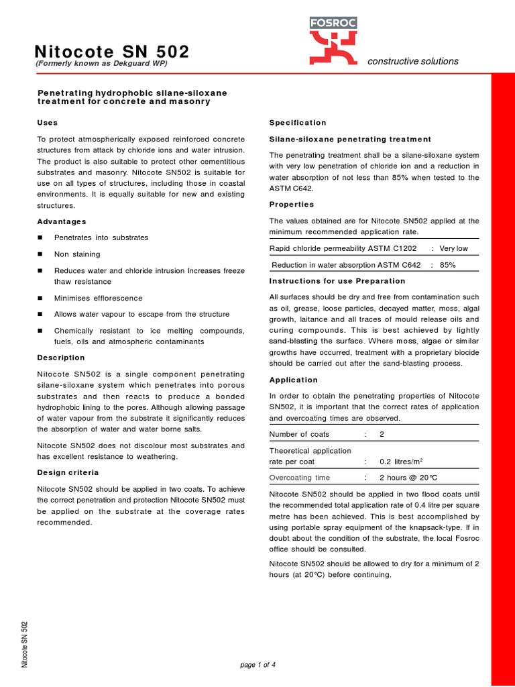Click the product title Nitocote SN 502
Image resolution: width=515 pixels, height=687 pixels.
[111, 52]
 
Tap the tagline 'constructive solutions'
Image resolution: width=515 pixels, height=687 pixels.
[413, 61]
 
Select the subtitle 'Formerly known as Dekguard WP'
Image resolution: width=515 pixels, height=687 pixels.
[101, 64]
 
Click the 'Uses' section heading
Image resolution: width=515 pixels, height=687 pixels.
[47, 123]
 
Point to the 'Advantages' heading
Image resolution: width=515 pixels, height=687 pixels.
[61, 221]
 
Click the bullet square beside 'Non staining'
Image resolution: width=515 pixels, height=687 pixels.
[40, 254]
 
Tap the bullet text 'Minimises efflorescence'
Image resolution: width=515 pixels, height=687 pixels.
[98, 298]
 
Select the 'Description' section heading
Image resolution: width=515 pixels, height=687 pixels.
[61, 358]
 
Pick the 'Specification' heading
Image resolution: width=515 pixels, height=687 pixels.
[298, 123]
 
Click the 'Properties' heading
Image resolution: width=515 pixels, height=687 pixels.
[292, 204]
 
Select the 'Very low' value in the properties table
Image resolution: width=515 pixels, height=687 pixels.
[454, 248]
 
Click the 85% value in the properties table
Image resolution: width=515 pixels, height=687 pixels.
[447, 265]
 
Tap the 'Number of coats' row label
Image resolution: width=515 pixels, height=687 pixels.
[299, 434]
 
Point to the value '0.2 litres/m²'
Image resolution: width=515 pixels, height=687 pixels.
[401, 462]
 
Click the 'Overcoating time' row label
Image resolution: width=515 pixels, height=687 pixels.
[299, 478]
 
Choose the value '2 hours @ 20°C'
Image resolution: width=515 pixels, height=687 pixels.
[408, 478]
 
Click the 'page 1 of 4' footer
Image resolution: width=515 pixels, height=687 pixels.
[257, 665]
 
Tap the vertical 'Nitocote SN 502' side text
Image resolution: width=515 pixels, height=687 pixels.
[25, 644]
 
